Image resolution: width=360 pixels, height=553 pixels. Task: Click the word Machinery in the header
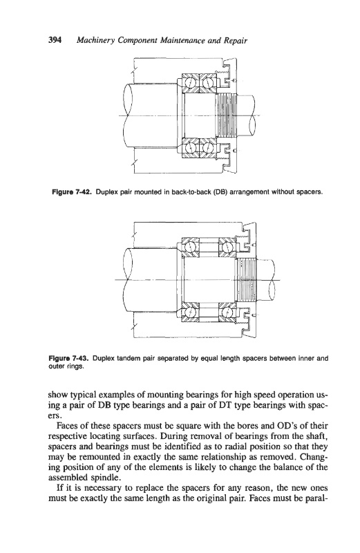pyautogui.click(x=92, y=41)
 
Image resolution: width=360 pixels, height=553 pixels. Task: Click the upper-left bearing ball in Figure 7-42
pyautogui.click(x=191, y=84)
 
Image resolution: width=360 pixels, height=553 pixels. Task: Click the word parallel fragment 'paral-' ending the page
pyautogui.click(x=316, y=499)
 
